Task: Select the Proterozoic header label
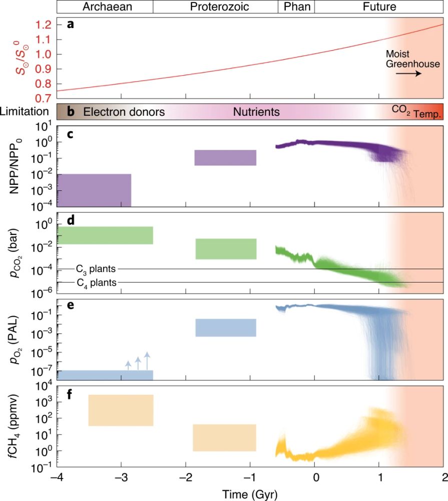(215, 7)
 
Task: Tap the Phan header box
(296, 7)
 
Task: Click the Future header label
(379, 7)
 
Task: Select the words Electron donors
(124, 112)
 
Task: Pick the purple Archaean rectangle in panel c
(94, 190)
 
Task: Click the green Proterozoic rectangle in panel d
(226, 249)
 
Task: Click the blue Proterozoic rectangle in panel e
(226, 328)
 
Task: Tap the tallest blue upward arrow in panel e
(147, 361)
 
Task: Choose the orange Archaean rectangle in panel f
(121, 410)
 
